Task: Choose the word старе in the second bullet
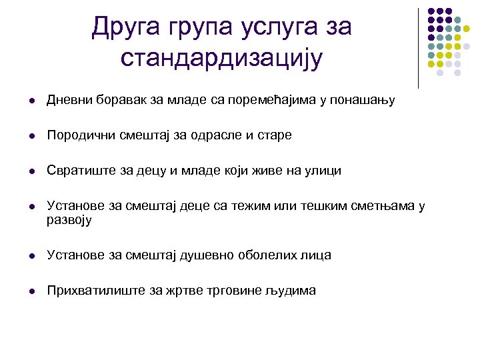[275, 135]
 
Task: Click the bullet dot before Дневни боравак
[24, 101]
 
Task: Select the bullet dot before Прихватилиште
[24, 291]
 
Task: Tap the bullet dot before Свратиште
[24, 171]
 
